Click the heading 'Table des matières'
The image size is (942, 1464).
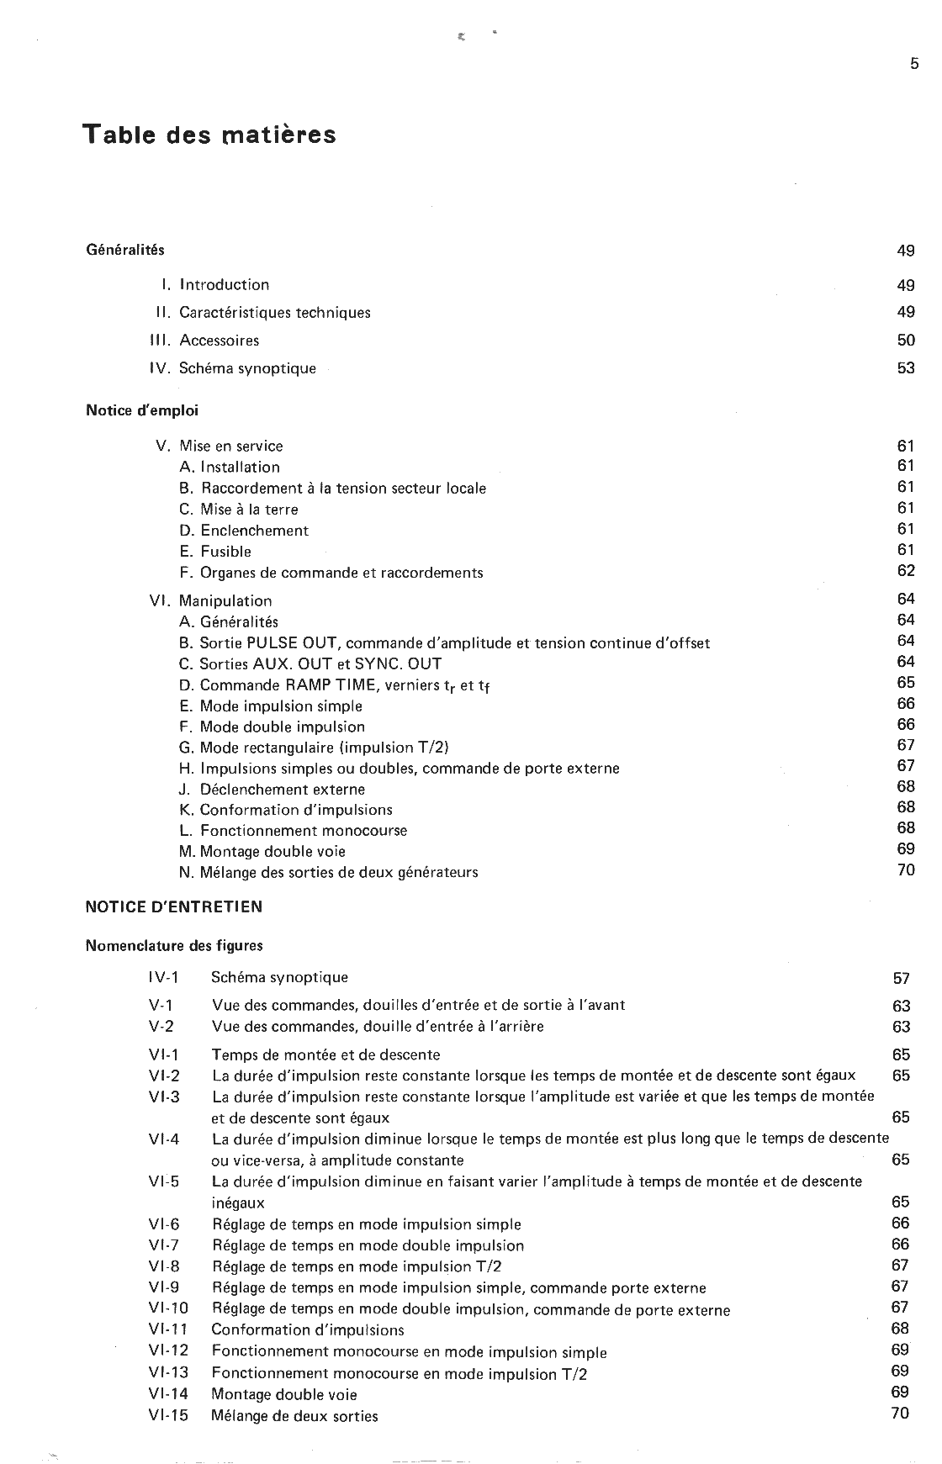tap(209, 135)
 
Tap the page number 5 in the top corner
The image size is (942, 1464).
tap(914, 64)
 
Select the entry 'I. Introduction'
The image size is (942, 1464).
tap(216, 285)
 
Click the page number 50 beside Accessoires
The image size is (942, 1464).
tap(906, 341)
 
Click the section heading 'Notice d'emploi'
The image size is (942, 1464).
tap(142, 410)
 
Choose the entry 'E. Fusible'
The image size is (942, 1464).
tap(215, 552)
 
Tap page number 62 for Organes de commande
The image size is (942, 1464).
tap(906, 571)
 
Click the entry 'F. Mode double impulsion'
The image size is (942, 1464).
tap(273, 727)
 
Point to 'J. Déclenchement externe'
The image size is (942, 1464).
tap(273, 789)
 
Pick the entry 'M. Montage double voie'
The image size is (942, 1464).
tap(262, 851)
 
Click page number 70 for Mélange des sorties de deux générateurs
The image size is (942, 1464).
tap(906, 870)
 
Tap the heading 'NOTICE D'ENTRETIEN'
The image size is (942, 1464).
tap(174, 906)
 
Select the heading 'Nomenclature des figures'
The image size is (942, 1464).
tap(174, 945)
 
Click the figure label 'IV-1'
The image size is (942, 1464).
tap(163, 977)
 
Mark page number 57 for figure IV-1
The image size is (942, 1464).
tap(901, 978)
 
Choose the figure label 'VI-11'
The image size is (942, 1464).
tap(168, 1329)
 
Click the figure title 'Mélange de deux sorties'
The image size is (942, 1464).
tap(294, 1416)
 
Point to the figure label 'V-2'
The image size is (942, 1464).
tap(161, 1026)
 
